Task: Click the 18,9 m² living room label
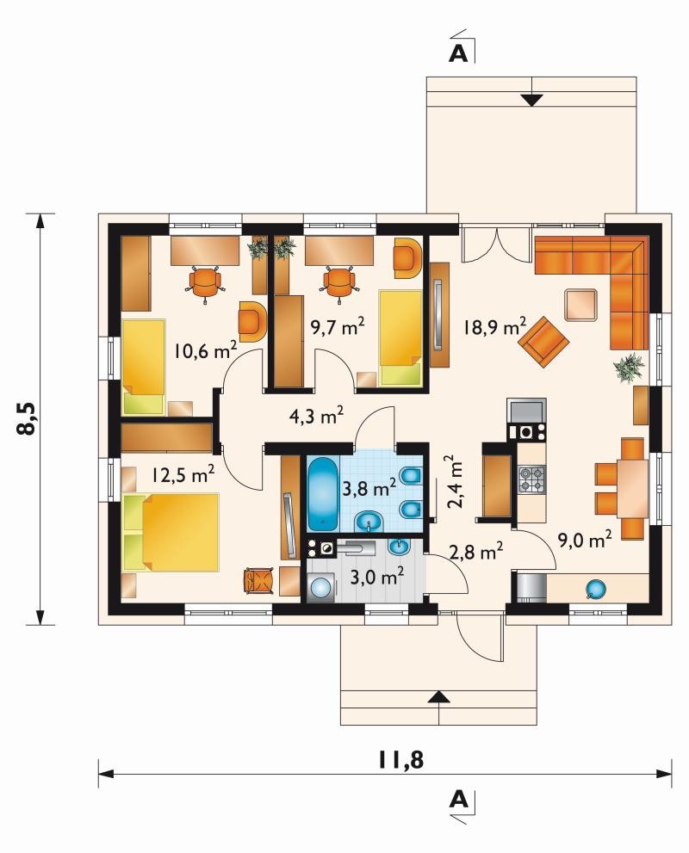[494, 326]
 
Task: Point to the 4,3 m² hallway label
[316, 416]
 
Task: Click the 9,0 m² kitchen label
[585, 539]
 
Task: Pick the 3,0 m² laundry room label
[376, 576]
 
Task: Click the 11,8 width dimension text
[400, 760]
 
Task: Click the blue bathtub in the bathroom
[323, 493]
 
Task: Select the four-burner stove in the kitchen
[531, 479]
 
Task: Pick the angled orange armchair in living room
[543, 343]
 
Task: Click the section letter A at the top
[458, 53]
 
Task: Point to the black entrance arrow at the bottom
[438, 697]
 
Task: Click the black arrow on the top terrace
[531, 100]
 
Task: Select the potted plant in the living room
[629, 368]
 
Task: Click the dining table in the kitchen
[632, 489]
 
